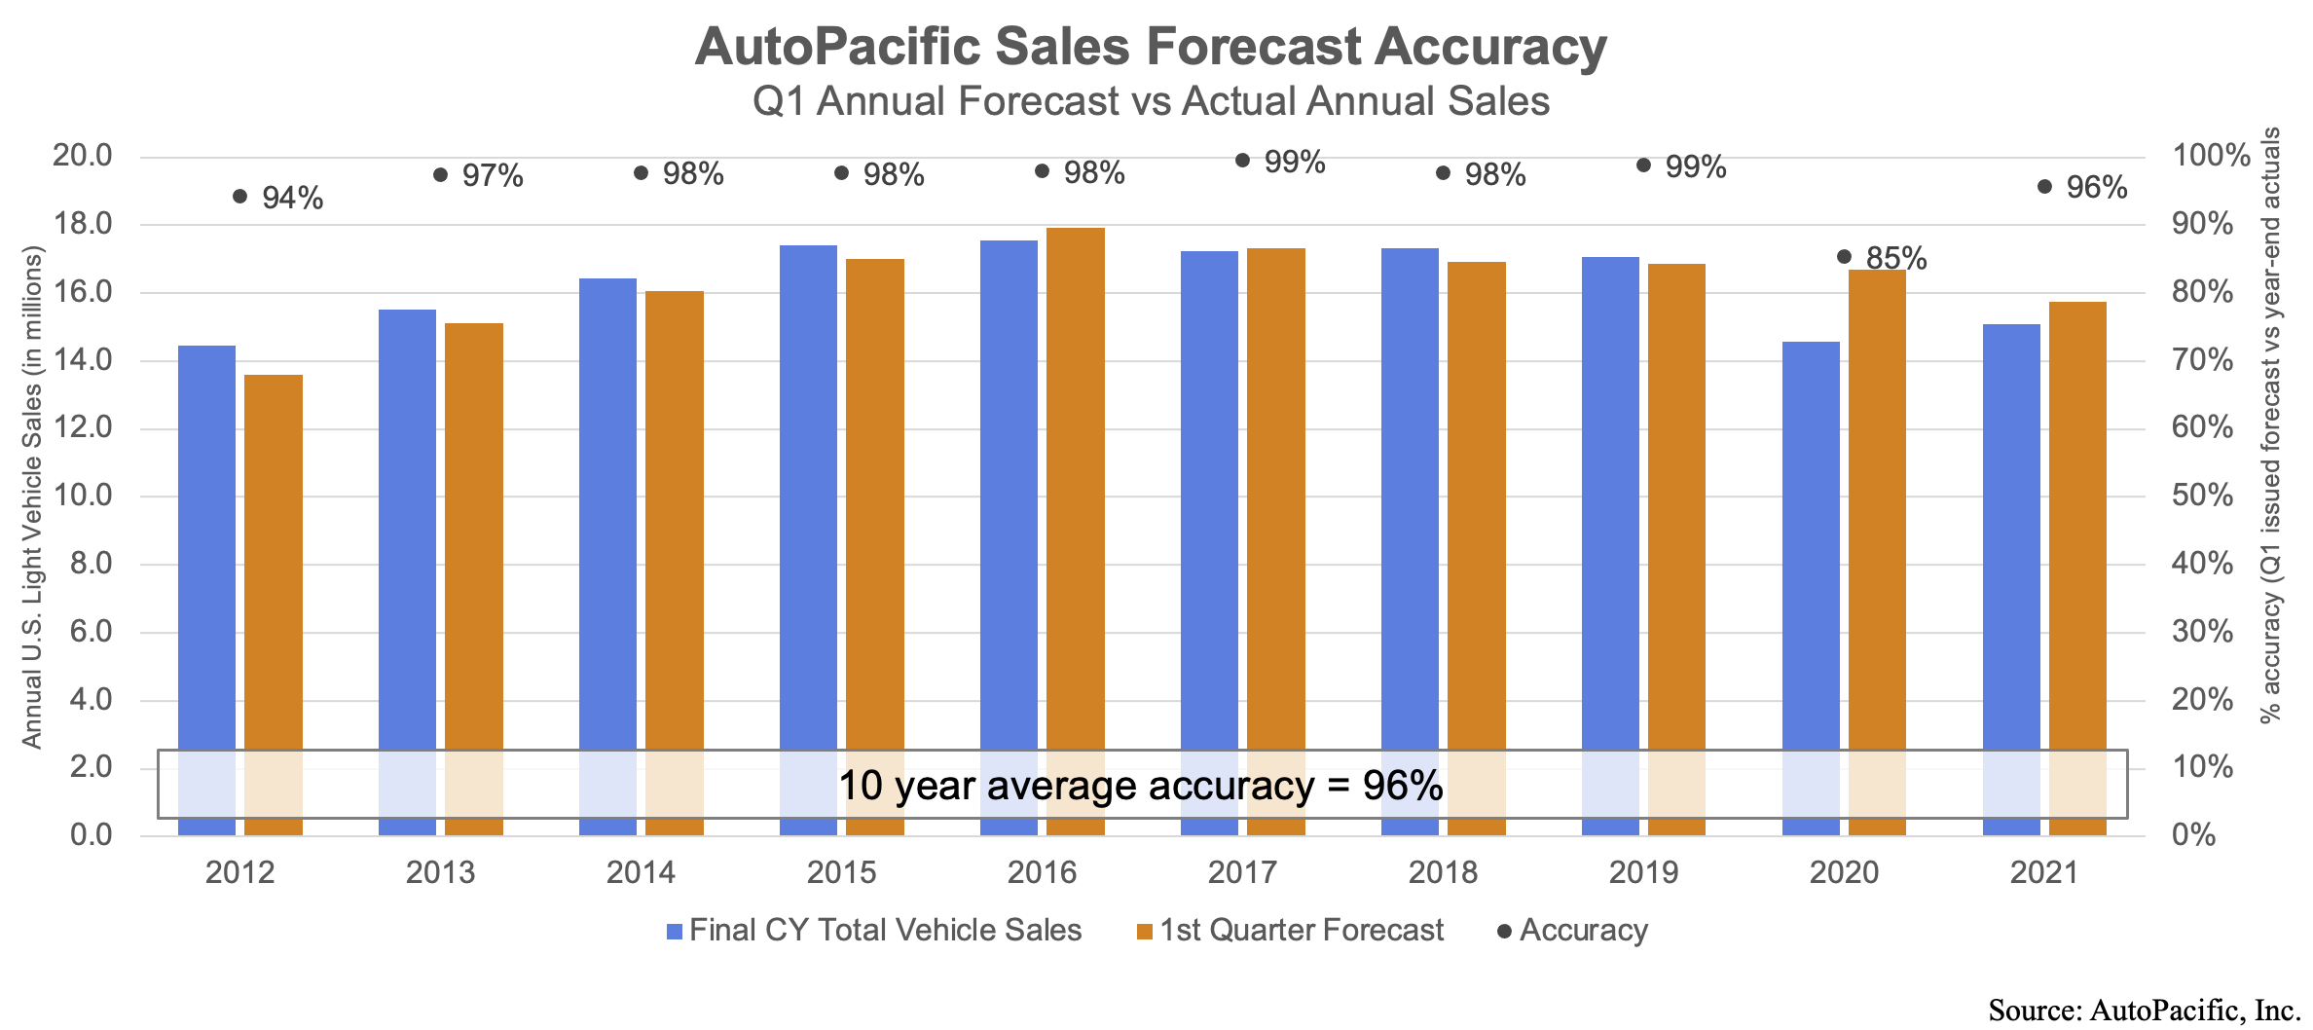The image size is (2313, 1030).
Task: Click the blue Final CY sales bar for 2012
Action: pyautogui.click(x=207, y=545)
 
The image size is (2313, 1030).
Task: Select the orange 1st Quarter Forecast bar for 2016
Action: pyautogui.click(x=1076, y=487)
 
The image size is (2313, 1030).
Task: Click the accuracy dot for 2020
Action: pyautogui.click(x=1844, y=257)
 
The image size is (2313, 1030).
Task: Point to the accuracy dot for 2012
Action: pyautogui.click(x=240, y=197)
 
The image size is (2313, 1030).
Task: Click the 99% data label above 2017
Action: pyautogui.click(x=1295, y=163)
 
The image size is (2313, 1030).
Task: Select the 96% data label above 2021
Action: pyautogui.click(x=2097, y=188)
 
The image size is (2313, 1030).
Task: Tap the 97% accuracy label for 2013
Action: pyautogui.click(x=493, y=176)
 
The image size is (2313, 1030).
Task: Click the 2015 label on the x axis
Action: pyautogui.click(x=841, y=872)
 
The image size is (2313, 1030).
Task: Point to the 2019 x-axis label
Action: pyautogui.click(x=1643, y=872)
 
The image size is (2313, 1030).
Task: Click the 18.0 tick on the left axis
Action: pyautogui.click(x=82, y=224)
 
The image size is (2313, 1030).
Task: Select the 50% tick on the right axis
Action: pyautogui.click(x=2202, y=496)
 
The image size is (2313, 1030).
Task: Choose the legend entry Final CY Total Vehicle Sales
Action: pyautogui.click(x=885, y=931)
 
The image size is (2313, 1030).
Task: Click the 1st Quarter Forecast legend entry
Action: pyautogui.click(x=1301, y=931)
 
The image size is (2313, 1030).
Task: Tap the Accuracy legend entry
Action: pyautogui.click(x=1583, y=931)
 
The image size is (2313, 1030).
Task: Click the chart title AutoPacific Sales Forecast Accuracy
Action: pyautogui.click(x=1151, y=47)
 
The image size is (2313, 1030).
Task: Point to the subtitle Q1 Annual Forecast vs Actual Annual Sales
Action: pyautogui.click(x=1151, y=101)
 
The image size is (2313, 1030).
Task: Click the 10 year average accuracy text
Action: pyautogui.click(x=1140, y=786)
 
